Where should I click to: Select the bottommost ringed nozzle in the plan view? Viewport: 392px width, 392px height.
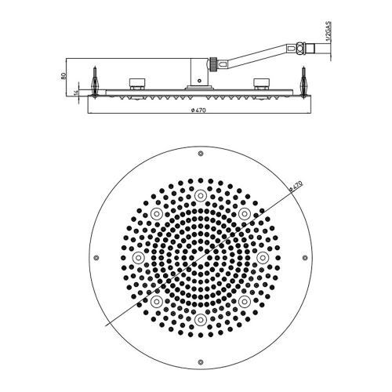click(201, 320)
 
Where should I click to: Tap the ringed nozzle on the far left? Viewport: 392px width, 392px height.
click(138, 257)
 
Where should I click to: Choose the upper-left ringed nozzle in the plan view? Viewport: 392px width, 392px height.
click(156, 213)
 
